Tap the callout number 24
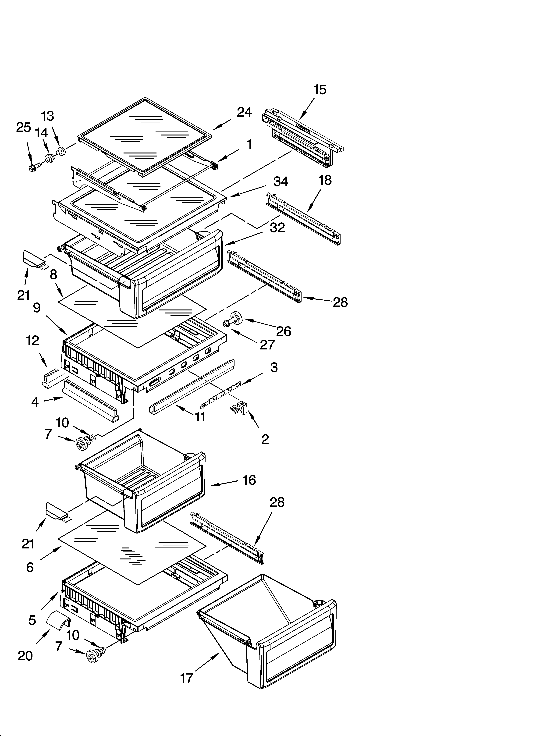[x=244, y=112]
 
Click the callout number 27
[x=267, y=345]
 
